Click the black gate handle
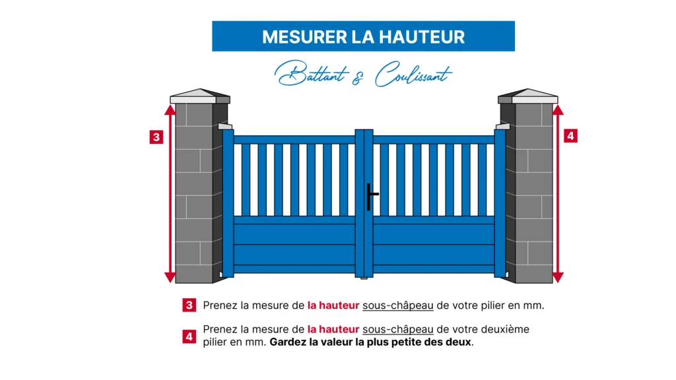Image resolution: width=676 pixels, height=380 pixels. pyautogui.click(x=370, y=196)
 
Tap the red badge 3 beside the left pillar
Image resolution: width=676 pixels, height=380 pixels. pyautogui.click(x=156, y=137)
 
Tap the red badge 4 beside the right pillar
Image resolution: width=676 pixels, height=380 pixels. pyautogui.click(x=571, y=136)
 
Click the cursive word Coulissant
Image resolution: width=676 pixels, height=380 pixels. pyautogui.click(x=413, y=75)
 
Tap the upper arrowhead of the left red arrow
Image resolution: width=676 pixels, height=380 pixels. pyautogui.click(x=170, y=110)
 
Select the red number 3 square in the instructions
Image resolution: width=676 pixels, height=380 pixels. pyautogui.click(x=189, y=305)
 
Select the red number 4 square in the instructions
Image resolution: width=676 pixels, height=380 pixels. pyautogui.click(x=189, y=336)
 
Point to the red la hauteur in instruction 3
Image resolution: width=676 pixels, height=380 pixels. pyautogui.click(x=333, y=305)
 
